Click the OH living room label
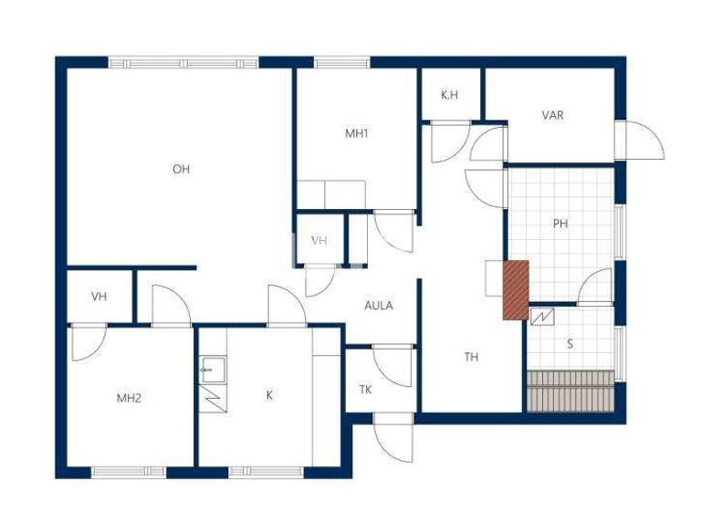coord(181,169)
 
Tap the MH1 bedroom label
coord(356,133)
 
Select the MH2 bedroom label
coord(129,398)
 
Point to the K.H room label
coord(449,95)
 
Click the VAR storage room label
coord(552,116)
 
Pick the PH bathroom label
coord(560,223)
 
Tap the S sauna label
coord(570,344)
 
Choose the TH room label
coord(471,357)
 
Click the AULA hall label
coord(378,306)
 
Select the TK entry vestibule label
coord(365,390)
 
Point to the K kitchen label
coord(269,395)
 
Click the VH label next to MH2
coord(99,297)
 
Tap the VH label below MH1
coord(319,241)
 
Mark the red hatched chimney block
coord(516,289)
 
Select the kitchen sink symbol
coord(213,368)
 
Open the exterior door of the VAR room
coord(639,141)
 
